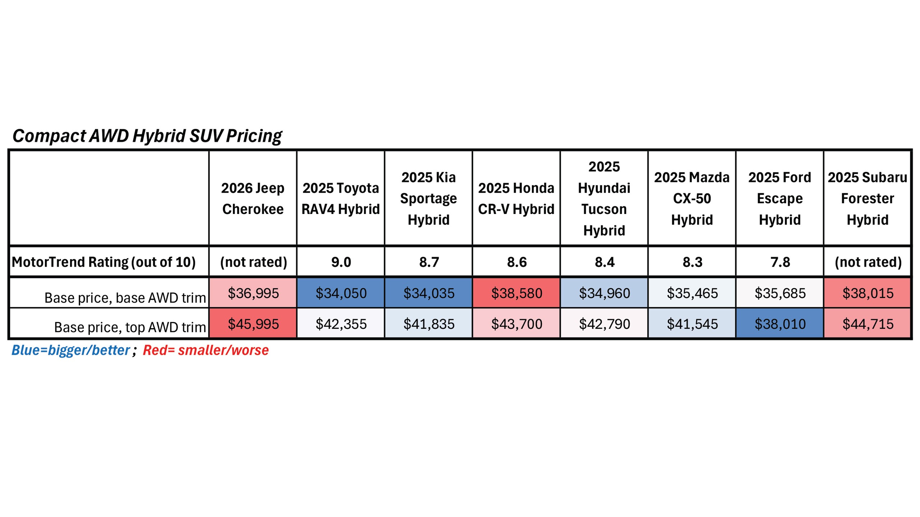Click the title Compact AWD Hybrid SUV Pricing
click(147, 136)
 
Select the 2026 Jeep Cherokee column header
click(253, 199)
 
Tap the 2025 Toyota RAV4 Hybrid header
click(340, 199)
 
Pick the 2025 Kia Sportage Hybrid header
click(428, 199)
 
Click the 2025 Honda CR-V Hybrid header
click(516, 199)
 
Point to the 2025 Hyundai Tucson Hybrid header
click(604, 199)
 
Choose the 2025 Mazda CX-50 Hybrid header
click(692, 199)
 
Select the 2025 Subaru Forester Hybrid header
click(868, 199)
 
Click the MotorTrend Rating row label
click(104, 262)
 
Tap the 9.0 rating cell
click(341, 262)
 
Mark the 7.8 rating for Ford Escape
click(780, 262)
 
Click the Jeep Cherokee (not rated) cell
click(253, 262)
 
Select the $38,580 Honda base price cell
click(516, 293)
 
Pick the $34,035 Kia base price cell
click(429, 293)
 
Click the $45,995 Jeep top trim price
click(253, 324)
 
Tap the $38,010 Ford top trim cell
click(780, 324)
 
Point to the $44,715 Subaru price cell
click(868, 324)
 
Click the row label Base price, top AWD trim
click(130, 327)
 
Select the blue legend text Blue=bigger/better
click(71, 350)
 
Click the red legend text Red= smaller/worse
click(206, 350)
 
